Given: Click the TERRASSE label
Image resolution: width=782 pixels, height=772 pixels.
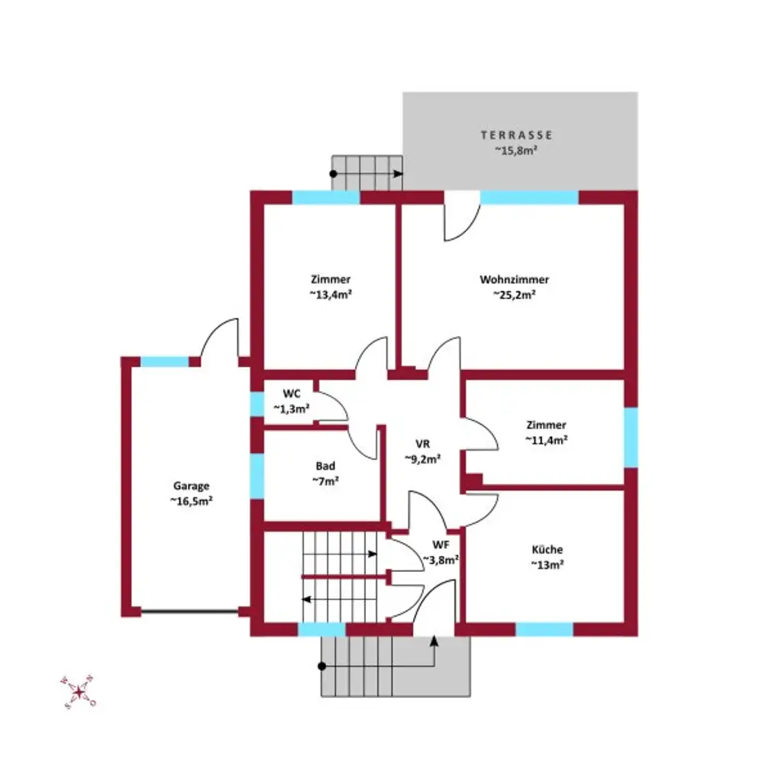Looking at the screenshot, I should point(516,135).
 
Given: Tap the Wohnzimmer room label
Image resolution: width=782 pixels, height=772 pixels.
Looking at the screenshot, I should point(514,279).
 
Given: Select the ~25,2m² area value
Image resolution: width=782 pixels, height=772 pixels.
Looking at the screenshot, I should point(514,295).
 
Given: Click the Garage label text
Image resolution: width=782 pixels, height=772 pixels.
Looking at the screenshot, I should point(191,486).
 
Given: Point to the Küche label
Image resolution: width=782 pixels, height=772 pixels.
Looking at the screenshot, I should point(548,549).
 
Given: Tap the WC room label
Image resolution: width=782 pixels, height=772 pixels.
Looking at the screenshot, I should point(292,394).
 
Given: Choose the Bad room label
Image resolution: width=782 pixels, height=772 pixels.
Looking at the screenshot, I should point(325,466).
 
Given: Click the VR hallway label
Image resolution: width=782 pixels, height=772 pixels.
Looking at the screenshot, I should point(423,444).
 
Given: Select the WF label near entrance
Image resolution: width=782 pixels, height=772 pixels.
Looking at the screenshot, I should point(441,544).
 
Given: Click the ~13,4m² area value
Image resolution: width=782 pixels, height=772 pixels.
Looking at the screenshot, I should point(331,295).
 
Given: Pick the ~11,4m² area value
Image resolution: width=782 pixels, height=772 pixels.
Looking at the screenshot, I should point(546,440).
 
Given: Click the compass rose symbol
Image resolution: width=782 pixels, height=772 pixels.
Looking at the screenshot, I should point(78,692).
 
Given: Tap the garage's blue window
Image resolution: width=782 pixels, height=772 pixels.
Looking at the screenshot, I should point(165,362).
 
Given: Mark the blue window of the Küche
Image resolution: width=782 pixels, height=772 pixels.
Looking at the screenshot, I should point(544,629).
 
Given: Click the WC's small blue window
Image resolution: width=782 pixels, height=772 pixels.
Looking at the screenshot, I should point(257,403).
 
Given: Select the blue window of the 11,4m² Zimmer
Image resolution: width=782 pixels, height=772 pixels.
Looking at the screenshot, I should point(631,438).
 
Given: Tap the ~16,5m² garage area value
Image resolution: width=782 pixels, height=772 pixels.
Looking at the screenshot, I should point(191,502).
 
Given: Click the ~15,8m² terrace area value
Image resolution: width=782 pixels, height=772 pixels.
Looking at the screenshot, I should point(516,150).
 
